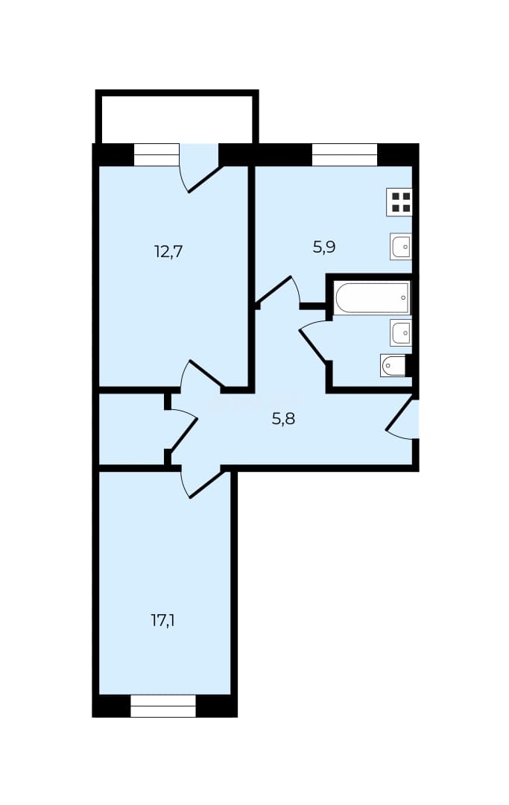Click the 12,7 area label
(x=168, y=252)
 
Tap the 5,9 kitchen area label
(x=323, y=247)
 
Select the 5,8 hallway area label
(x=283, y=420)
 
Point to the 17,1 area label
(x=164, y=621)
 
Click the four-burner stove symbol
(x=399, y=202)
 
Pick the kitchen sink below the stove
(x=401, y=247)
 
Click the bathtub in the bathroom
(x=372, y=297)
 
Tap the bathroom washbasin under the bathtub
(x=401, y=332)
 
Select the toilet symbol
(x=393, y=365)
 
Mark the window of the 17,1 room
(x=164, y=706)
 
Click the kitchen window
(x=345, y=154)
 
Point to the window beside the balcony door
(x=157, y=154)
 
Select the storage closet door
(x=184, y=435)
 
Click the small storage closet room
(x=132, y=429)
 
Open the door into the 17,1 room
(x=206, y=484)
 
